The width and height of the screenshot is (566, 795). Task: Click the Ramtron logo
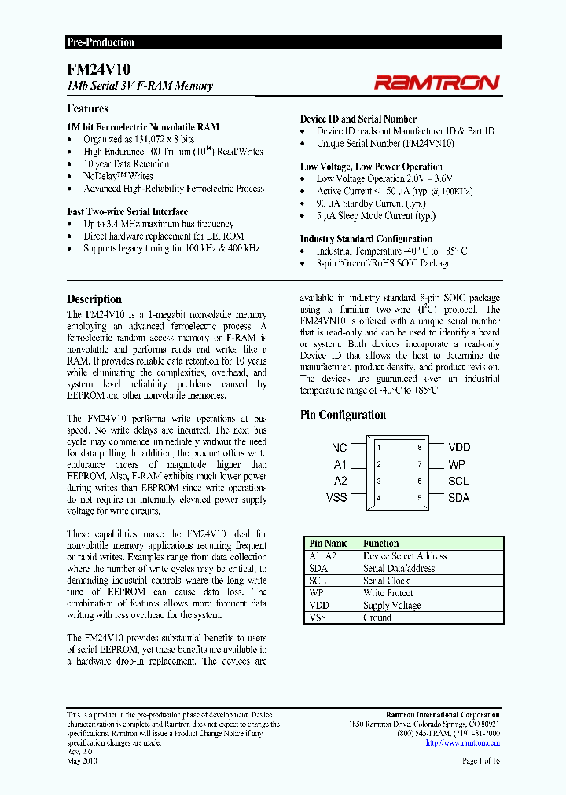[436, 82]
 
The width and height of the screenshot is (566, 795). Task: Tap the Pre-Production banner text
[101, 42]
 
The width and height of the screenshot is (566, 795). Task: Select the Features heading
[87, 108]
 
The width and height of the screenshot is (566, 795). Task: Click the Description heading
[94, 299]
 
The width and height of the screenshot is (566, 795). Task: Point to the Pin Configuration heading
[343, 415]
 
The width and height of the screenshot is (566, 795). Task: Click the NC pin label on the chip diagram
[338, 448]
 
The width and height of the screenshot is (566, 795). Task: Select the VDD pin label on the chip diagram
[459, 448]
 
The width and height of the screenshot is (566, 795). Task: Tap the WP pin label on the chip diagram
[457, 464]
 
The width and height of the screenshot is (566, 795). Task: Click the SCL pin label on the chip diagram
[458, 481]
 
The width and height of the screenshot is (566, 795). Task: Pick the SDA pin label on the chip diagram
[458, 497]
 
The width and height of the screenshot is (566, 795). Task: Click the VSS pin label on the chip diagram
[336, 497]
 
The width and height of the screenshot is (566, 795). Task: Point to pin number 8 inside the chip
[419, 448]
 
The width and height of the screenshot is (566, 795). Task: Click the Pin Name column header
[329, 543]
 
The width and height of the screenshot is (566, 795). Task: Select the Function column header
[380, 543]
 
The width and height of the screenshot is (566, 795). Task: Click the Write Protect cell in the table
[386, 593]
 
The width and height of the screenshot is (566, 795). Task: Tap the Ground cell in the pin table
[377, 617]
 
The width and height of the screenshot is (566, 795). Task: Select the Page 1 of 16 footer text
[480, 761]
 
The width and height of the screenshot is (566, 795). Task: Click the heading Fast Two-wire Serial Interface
[127, 211]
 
